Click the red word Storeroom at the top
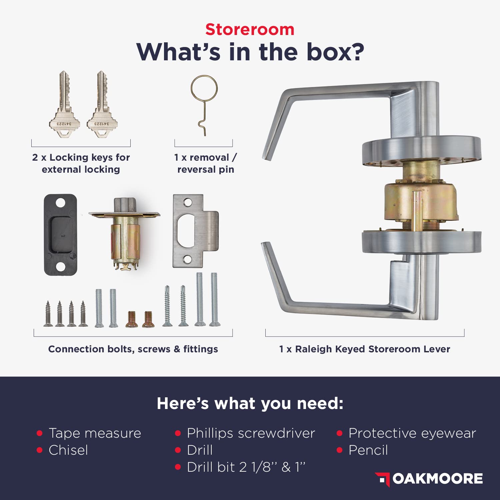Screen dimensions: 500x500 [250, 29]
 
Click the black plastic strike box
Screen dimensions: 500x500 [60, 235]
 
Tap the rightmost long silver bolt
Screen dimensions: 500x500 [214, 299]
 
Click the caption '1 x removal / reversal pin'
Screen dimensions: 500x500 [205, 163]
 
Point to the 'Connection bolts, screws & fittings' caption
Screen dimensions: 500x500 [133, 349]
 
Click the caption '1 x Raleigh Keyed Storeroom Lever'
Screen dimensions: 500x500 [365, 349]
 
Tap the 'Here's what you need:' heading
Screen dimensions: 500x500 [250, 403]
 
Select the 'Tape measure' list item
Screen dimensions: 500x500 [95, 433]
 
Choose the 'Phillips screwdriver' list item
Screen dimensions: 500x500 [251, 433]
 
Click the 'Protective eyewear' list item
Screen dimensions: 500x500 [412, 433]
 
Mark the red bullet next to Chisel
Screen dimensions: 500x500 [40, 450]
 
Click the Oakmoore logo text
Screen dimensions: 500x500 [438, 479]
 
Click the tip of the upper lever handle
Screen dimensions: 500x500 [265, 157]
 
